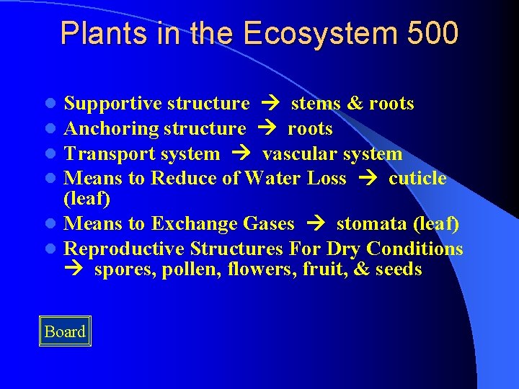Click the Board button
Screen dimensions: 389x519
click(65, 331)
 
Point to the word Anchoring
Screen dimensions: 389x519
click(111, 129)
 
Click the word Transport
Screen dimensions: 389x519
click(104, 154)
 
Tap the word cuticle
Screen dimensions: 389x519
click(417, 179)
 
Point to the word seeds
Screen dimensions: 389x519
click(399, 270)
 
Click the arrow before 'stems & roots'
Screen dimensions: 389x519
click(270, 104)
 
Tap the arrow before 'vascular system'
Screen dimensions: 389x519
click(241, 154)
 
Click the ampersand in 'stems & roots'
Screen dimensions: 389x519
click(355, 104)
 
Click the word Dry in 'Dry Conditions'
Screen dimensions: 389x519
click(344, 249)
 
